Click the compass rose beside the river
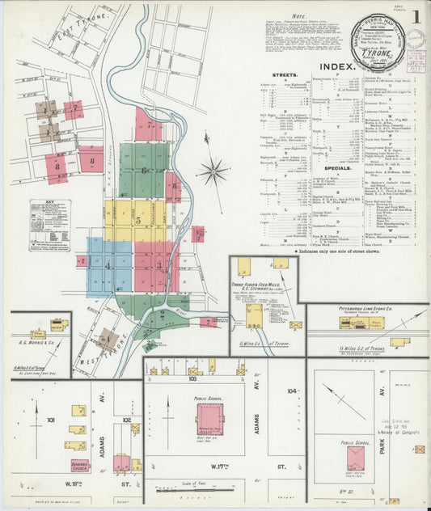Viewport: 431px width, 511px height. (x=213, y=171)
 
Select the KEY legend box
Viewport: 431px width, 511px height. (x=49, y=225)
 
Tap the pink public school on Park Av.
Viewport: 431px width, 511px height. (x=356, y=458)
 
